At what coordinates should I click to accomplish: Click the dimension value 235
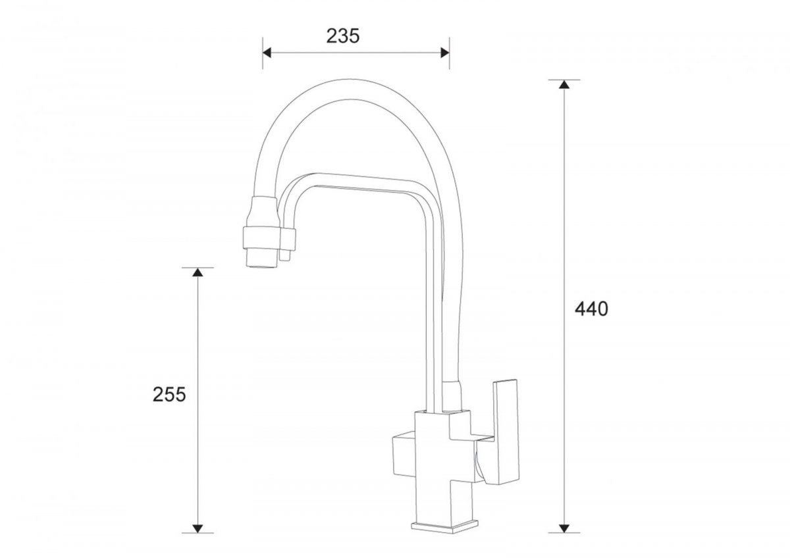click(x=343, y=36)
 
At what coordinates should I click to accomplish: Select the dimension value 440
click(x=591, y=309)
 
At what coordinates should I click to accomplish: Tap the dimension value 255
click(x=169, y=394)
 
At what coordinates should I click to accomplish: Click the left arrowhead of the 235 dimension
click(x=267, y=53)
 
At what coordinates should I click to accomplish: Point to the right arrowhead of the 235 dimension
click(x=445, y=53)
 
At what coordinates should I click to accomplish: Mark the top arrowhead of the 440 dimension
click(x=564, y=84)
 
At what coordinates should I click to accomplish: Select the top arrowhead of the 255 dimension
click(x=197, y=272)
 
